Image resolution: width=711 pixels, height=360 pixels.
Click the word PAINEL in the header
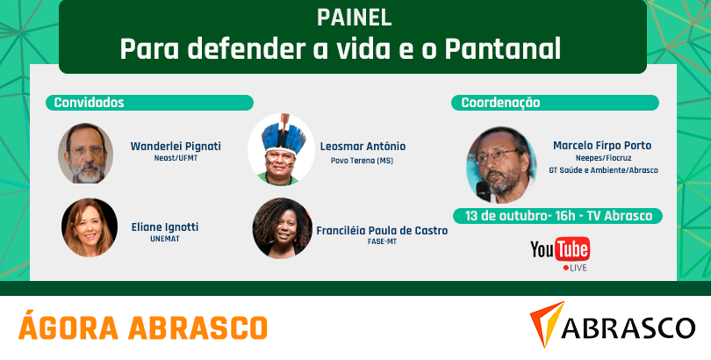[354, 18]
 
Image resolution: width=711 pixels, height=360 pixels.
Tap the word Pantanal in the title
[503, 49]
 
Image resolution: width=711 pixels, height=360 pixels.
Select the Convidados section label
[89, 103]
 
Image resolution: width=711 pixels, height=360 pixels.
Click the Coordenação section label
[500, 103]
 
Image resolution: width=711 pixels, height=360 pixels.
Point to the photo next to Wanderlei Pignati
[86, 154]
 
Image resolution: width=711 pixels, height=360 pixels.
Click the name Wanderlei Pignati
[176, 147]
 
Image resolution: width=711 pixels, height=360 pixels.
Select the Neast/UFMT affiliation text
[176, 159]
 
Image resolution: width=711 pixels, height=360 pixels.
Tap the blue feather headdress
[284, 136]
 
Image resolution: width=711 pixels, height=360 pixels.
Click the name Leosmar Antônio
[363, 147]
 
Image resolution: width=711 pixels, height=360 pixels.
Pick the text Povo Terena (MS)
[362, 161]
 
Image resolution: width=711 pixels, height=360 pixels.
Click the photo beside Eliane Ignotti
[90, 227]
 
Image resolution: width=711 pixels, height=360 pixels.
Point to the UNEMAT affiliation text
[165, 239]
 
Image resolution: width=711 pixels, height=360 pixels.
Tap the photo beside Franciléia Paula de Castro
[282, 228]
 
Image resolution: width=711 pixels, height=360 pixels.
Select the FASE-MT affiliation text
[382, 241]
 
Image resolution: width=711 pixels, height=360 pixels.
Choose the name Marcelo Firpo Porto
[602, 146]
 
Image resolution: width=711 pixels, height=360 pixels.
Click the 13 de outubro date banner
[558, 216]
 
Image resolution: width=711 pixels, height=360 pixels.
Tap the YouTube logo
[560, 249]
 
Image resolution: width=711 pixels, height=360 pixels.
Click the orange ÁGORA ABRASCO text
[143, 326]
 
